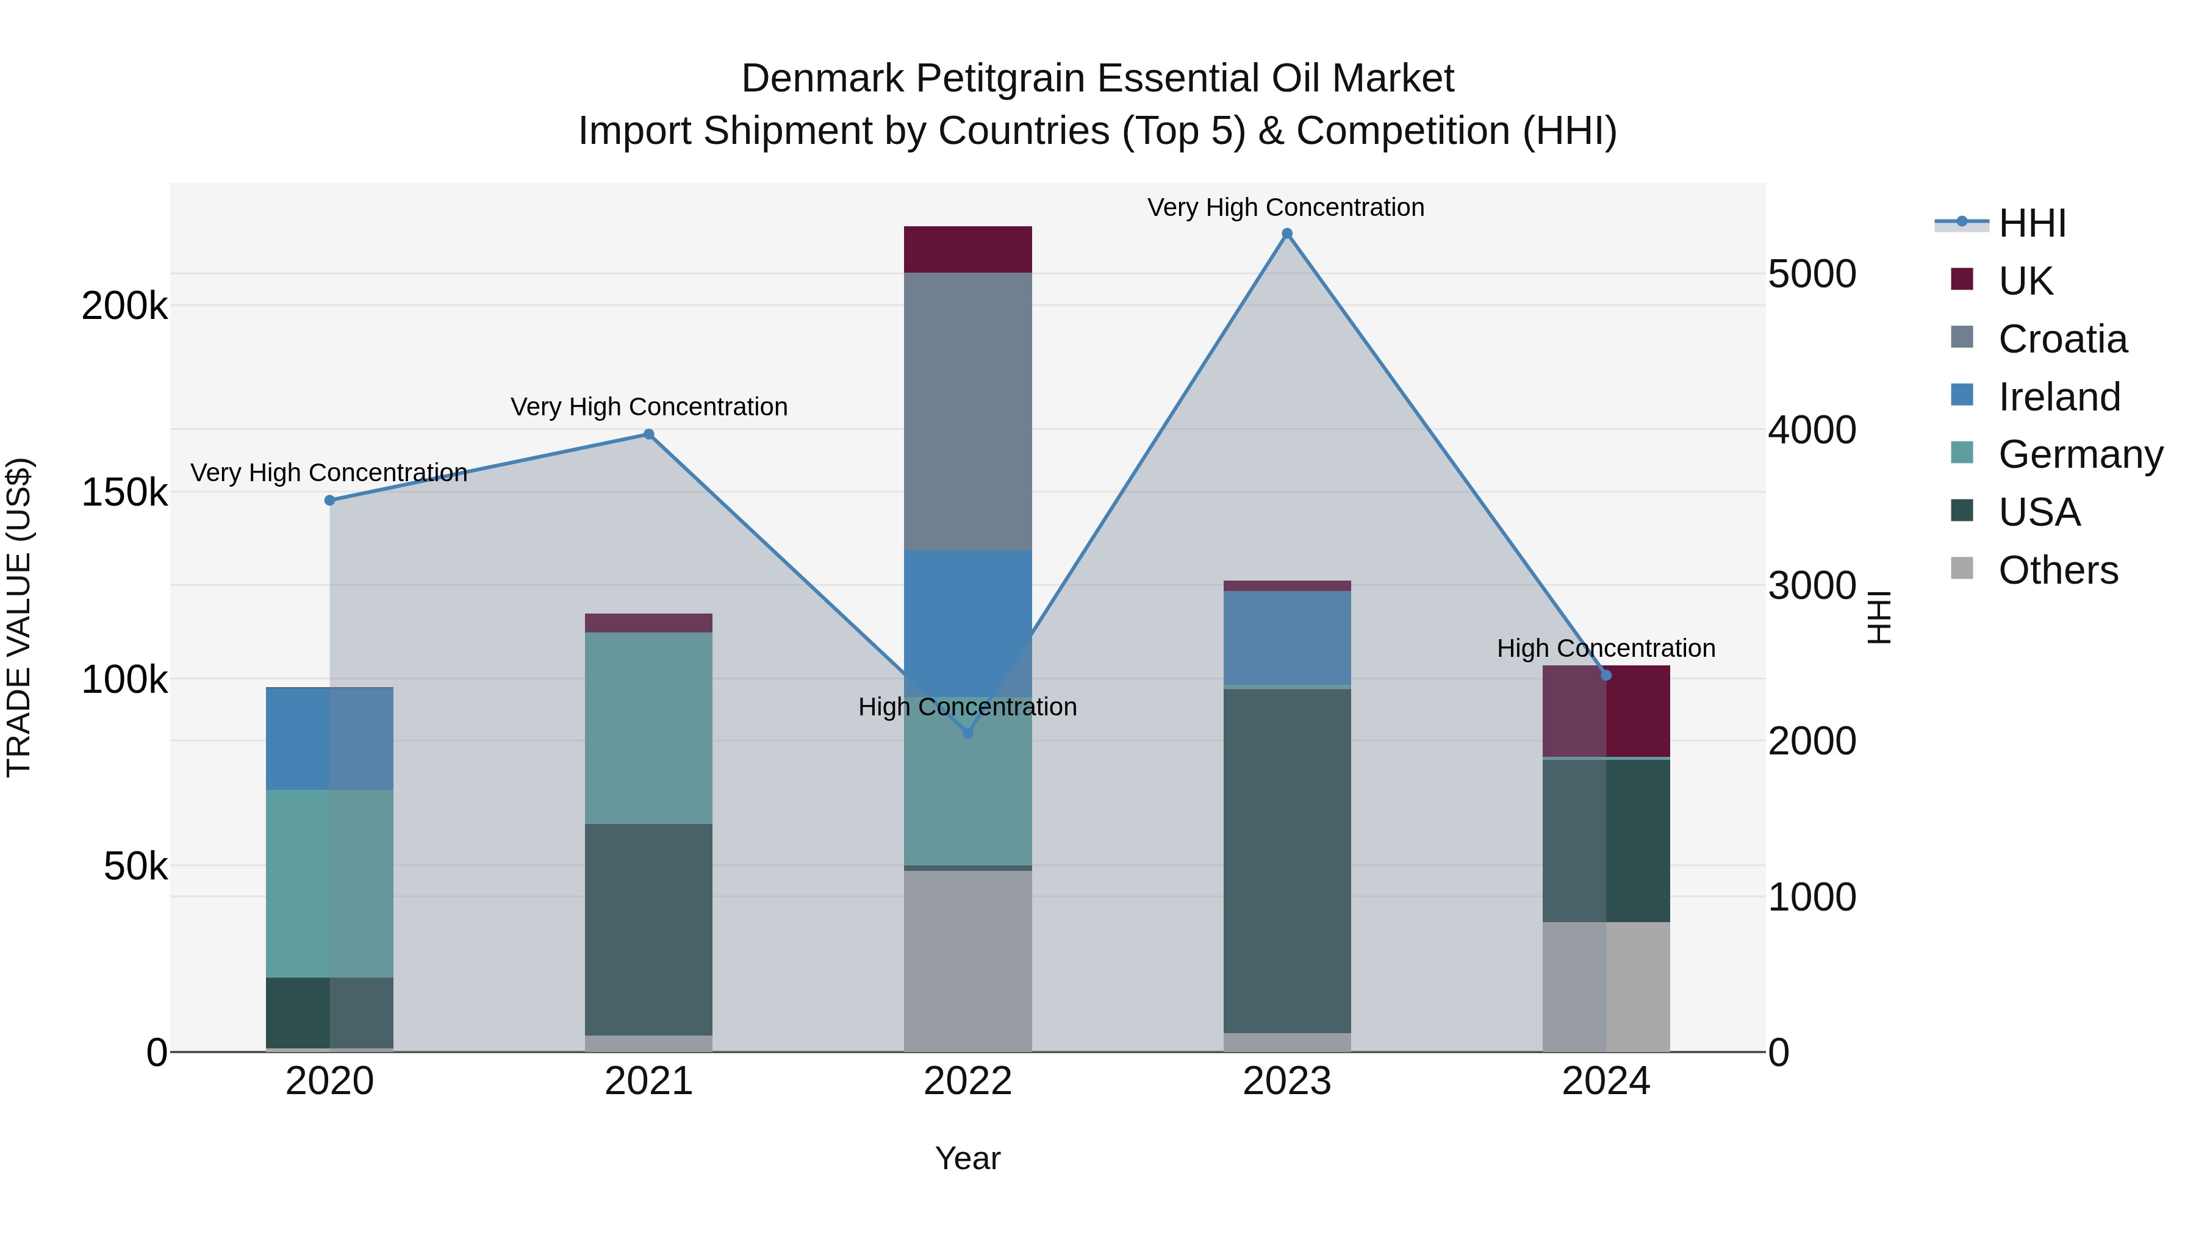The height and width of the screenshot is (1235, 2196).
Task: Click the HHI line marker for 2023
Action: click(1286, 234)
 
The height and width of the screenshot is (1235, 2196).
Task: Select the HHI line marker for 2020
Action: click(330, 500)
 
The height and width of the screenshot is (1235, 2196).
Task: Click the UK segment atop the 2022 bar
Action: click(967, 249)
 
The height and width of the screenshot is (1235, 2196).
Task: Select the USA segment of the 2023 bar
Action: click(1286, 861)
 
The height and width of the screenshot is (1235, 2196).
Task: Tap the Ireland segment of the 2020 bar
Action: click(330, 739)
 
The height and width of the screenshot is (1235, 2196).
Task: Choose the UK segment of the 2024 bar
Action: click(1606, 711)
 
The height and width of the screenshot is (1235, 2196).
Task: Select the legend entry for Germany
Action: click(2080, 454)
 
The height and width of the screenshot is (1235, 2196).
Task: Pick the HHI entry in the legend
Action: click(2031, 223)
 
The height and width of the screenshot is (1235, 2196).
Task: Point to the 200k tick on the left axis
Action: click(124, 306)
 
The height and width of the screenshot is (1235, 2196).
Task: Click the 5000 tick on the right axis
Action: click(1812, 274)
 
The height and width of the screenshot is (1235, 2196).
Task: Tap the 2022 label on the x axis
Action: click(967, 1081)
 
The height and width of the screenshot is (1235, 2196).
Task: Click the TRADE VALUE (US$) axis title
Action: click(19, 617)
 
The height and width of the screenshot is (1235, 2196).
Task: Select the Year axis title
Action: click(967, 1158)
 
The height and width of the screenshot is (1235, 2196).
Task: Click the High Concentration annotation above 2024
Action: click(1606, 649)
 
